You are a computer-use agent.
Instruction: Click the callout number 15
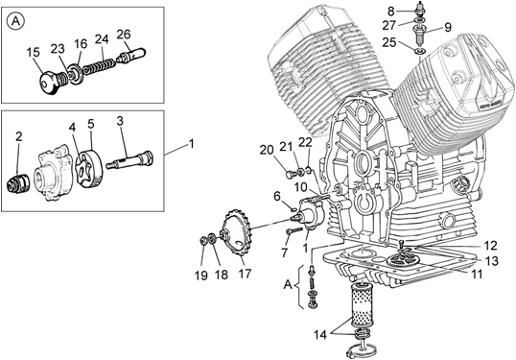[34, 53]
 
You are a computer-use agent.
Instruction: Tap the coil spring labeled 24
[99, 66]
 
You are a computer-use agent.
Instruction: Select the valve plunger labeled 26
[132, 55]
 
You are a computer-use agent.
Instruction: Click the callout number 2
[19, 136]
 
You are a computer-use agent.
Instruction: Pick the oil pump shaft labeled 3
[129, 160]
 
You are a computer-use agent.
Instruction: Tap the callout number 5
[91, 124]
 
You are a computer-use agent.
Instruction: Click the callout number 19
[201, 275]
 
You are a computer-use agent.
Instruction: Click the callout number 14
[320, 335]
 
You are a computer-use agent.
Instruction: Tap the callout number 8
[391, 12]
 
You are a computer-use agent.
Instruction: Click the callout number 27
[388, 25]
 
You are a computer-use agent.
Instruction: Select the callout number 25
[389, 42]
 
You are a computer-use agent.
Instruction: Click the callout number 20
[267, 150]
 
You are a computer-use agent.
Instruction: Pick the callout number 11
[477, 274]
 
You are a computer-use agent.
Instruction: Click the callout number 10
[300, 187]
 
